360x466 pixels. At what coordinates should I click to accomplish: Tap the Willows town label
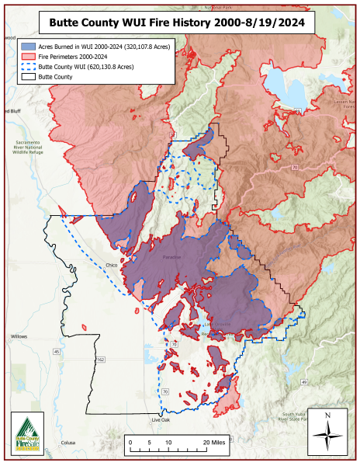[19, 336]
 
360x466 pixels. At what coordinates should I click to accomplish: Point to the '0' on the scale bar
[130, 442]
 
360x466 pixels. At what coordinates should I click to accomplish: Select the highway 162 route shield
[101, 360]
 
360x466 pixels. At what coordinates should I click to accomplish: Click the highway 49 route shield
[305, 382]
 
